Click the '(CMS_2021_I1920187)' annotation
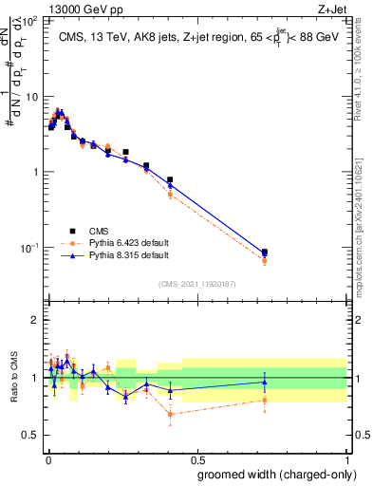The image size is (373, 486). (x=197, y=284)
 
